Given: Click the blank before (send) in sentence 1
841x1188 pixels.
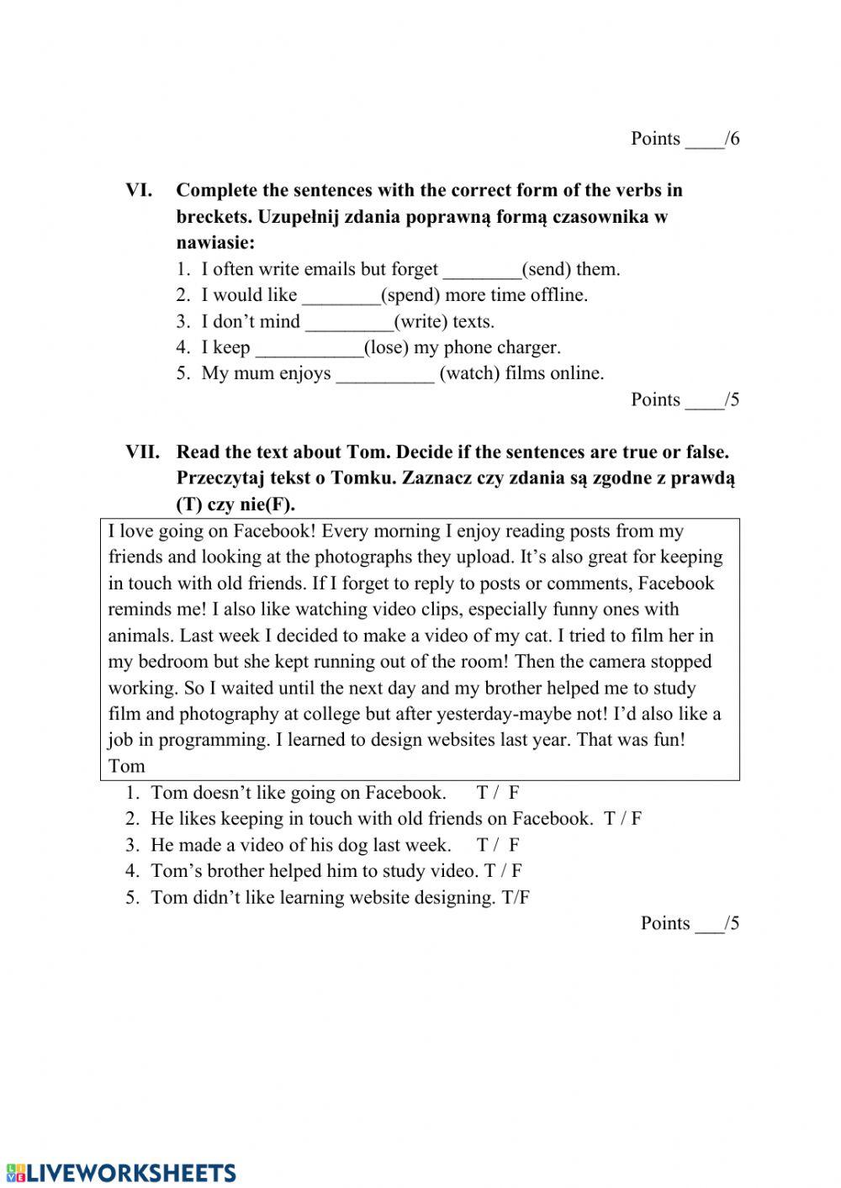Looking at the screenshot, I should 482,271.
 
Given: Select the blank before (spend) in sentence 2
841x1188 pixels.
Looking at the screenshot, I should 341,297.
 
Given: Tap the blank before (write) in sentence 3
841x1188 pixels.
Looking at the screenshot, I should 349,323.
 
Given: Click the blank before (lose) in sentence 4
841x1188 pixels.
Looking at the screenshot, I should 309,349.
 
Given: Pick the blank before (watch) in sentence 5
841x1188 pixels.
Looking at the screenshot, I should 385,375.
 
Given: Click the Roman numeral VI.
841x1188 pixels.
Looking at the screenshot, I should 140,190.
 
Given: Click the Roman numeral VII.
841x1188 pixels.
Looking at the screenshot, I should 142,451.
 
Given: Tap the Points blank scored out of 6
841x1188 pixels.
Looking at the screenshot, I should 704,140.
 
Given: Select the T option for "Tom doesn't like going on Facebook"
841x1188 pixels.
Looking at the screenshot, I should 482,792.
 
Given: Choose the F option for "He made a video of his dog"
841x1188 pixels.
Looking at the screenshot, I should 514,844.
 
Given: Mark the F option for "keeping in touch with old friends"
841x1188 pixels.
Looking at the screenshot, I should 637,818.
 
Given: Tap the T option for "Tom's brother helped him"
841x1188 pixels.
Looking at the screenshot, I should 489,870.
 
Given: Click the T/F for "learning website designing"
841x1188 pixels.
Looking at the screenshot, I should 516,897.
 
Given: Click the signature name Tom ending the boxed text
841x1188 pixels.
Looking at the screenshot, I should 126,766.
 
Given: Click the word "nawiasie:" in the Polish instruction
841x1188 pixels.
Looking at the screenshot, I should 214,243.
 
